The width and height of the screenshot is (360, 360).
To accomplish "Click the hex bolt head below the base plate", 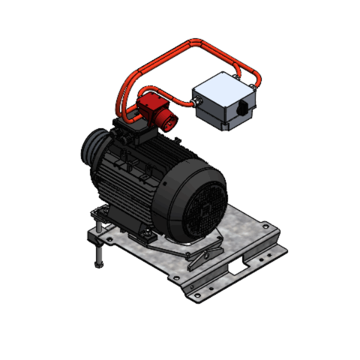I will (x=98, y=265).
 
